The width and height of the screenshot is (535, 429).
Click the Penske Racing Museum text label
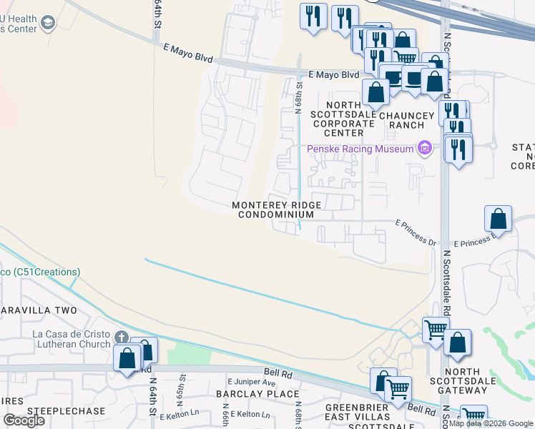click(x=360, y=149)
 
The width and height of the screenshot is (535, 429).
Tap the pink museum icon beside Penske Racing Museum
click(x=425, y=149)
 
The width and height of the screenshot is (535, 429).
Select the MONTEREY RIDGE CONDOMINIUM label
click(x=276, y=210)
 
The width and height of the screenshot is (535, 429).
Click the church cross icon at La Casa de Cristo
click(x=122, y=337)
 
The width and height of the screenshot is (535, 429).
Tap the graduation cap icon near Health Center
click(x=49, y=24)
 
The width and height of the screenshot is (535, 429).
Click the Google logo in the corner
click(x=24, y=420)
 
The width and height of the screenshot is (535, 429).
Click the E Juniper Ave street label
click(x=251, y=383)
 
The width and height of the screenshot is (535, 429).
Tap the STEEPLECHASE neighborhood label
click(x=66, y=412)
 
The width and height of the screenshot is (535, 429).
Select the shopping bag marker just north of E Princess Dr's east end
click(x=498, y=219)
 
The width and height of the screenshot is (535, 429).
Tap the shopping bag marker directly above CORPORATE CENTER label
click(x=376, y=92)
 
